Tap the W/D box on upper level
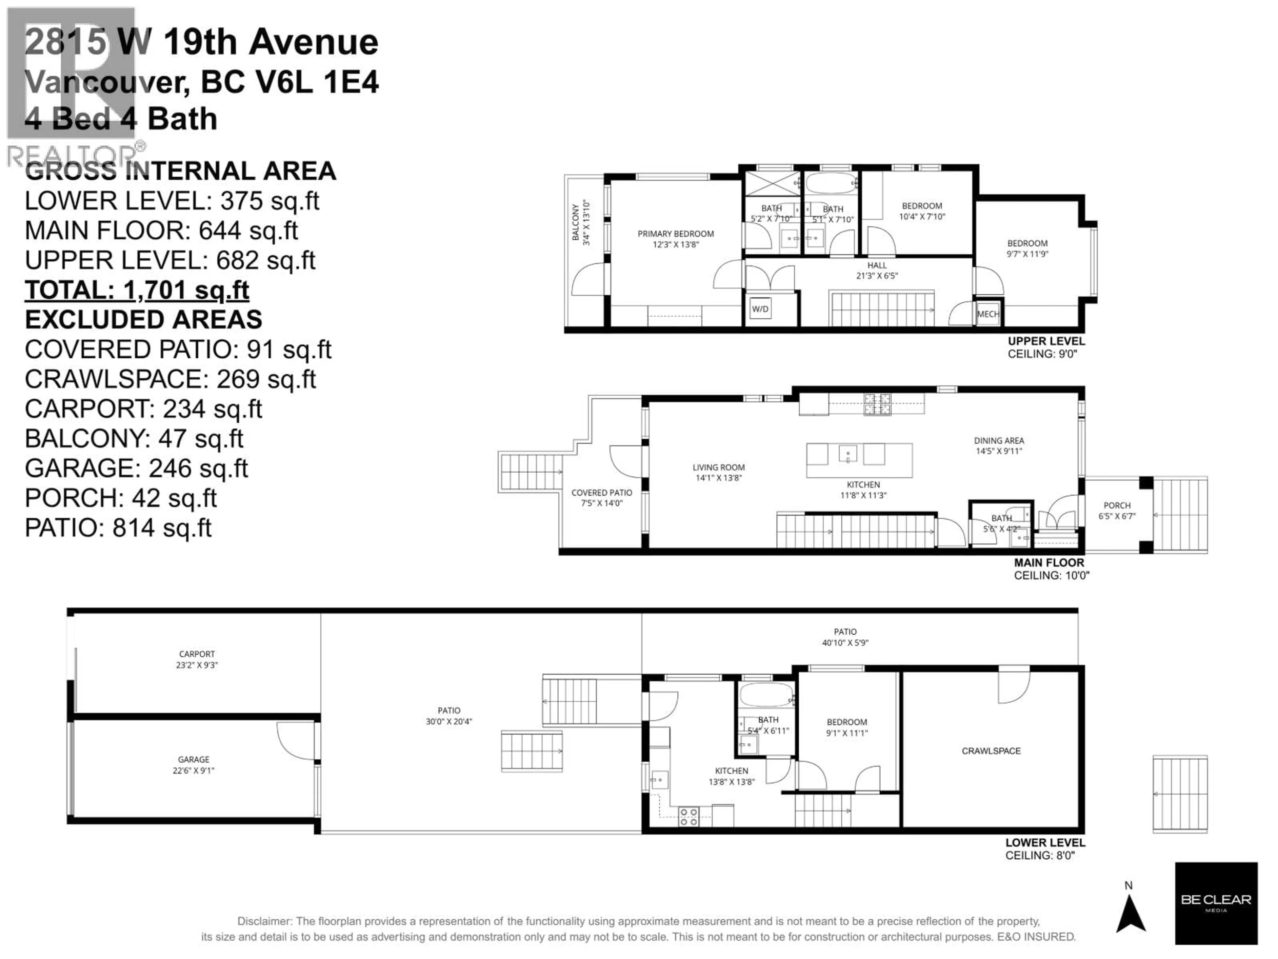coord(760,309)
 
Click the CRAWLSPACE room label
coord(991,751)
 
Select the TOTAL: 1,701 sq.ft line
coord(137,290)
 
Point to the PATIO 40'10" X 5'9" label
coord(845,636)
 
